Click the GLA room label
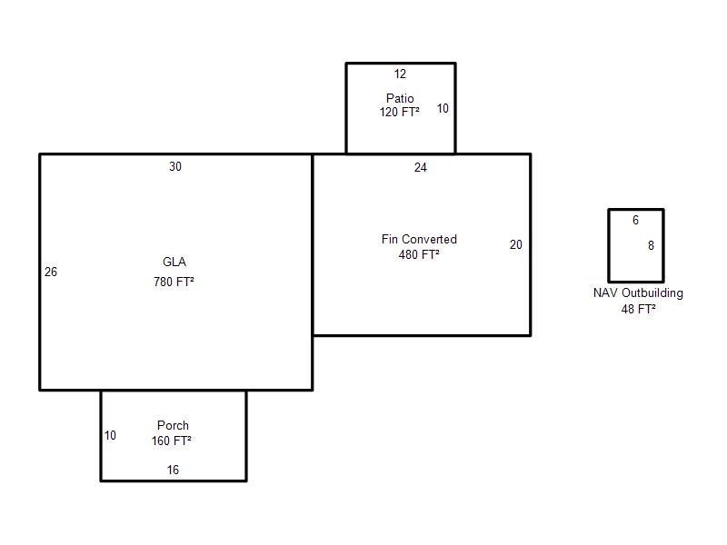174,263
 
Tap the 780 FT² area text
174,282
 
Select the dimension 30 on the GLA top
175,166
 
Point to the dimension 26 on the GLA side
51,272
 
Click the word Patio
400,98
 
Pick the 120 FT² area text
400,113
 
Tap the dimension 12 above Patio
400,74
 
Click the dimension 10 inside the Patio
443,108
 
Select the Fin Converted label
419,239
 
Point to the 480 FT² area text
419,255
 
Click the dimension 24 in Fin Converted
421,167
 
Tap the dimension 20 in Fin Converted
516,244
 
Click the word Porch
173,425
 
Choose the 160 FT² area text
172,441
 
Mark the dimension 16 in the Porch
173,470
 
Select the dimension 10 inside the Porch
110,435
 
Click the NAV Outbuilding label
638,293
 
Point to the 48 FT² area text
639,309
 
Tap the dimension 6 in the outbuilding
635,221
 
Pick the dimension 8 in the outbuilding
651,245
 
